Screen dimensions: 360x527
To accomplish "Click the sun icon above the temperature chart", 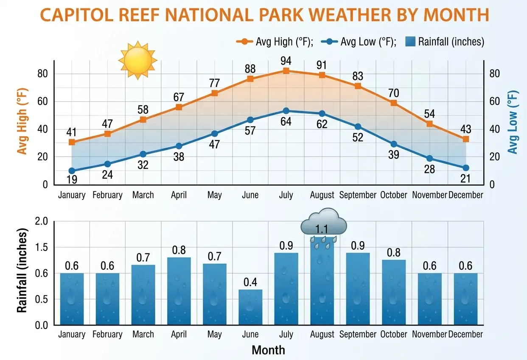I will [x=138, y=61].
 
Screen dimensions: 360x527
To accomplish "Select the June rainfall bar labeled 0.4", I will [x=250, y=307].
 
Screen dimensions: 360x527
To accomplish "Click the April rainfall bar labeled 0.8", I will [x=179, y=291].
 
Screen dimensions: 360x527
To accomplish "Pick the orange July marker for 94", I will [x=286, y=71].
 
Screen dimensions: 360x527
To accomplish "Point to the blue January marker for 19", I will [x=72, y=171].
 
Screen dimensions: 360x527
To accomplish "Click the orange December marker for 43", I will [x=465, y=139].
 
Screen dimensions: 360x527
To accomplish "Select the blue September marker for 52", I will [x=358, y=127].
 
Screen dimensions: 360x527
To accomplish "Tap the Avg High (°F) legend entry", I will [x=275, y=42].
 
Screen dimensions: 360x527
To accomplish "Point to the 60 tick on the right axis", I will [x=495, y=101].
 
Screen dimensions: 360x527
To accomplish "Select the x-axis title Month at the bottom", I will [x=268, y=350].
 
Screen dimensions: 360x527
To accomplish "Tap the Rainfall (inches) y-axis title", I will [x=22, y=270].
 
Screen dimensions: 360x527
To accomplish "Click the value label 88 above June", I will [x=250, y=69].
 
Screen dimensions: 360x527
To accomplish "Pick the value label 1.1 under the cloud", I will [x=322, y=230].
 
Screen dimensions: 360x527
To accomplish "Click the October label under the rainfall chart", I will [x=393, y=335].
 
